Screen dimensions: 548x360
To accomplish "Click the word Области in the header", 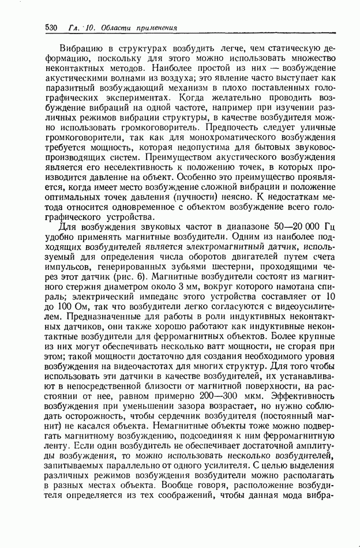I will coord(114,28).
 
